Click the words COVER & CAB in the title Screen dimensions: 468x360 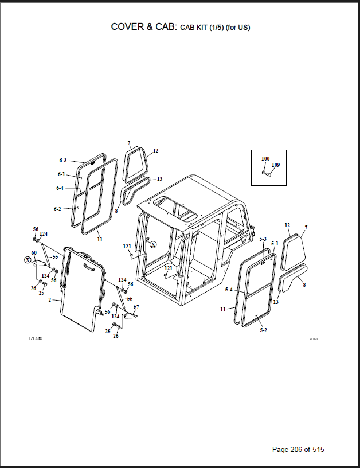143,27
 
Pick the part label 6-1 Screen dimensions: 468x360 61,174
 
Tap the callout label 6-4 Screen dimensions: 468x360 60,188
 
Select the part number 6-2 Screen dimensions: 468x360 57,209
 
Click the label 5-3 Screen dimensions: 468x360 263,239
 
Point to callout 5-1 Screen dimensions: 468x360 275,244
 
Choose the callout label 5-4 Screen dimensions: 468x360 229,290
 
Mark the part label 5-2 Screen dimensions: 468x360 263,331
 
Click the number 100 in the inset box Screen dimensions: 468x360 265,158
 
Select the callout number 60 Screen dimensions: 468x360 34,253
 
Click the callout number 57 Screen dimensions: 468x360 136,307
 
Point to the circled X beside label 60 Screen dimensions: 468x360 28,260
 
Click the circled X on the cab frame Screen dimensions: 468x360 153,244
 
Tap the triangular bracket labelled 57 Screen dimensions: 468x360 131,317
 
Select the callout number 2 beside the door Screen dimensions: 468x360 50,300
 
